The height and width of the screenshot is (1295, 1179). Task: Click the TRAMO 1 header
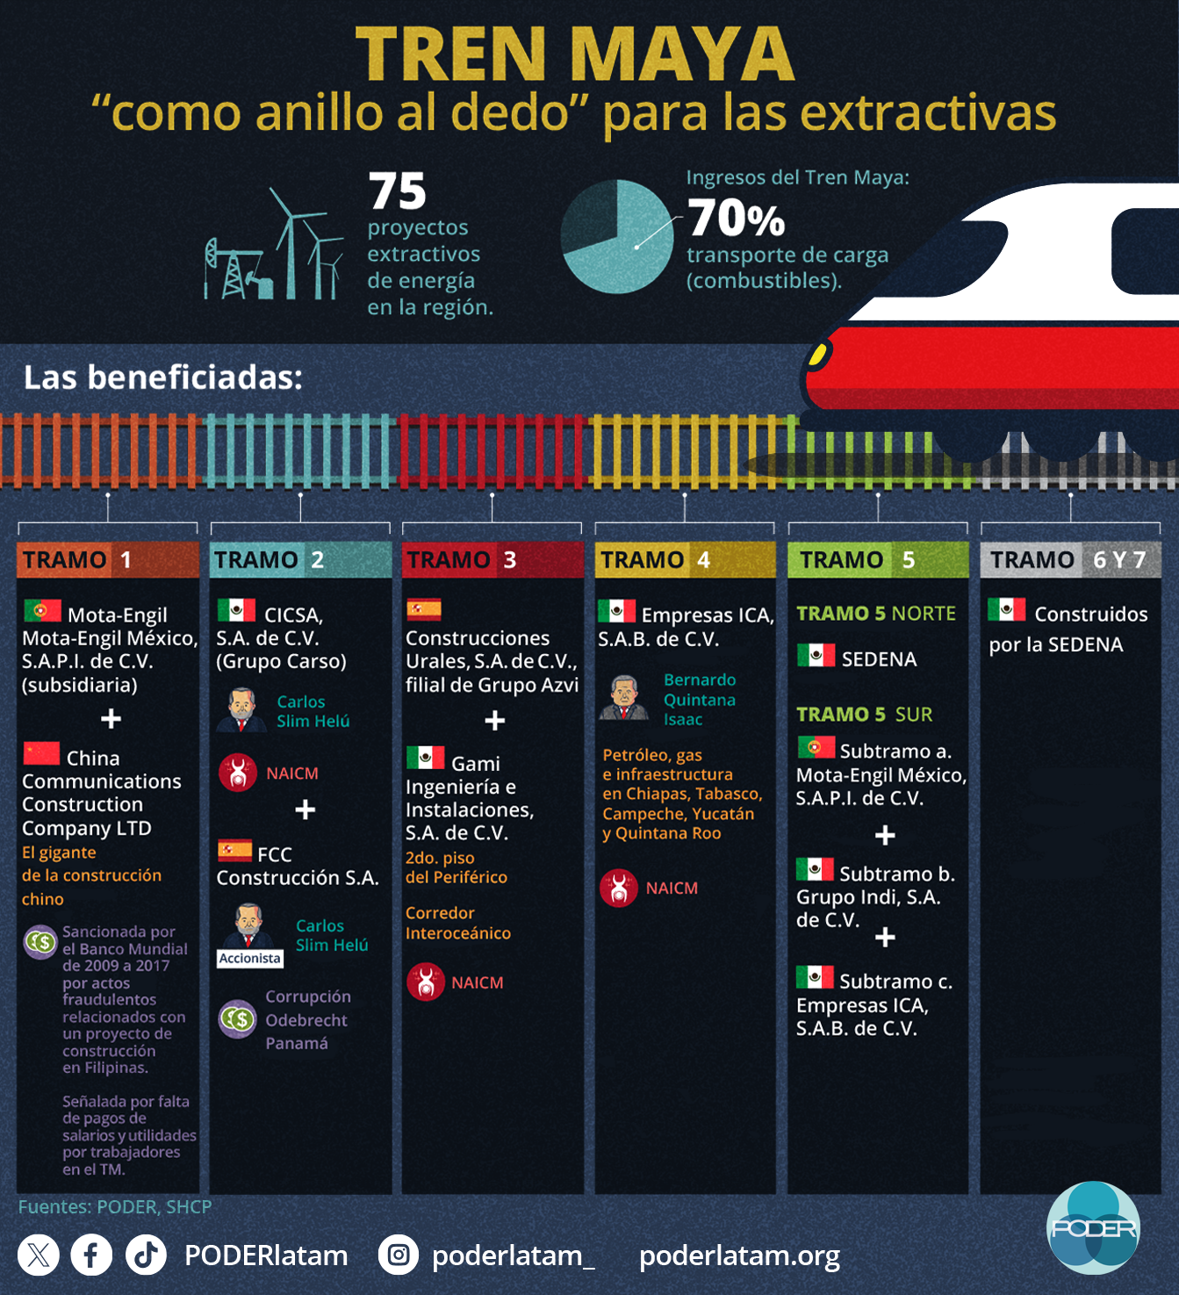pyautogui.click(x=107, y=559)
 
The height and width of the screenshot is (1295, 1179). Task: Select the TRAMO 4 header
pyautogui.click(x=685, y=559)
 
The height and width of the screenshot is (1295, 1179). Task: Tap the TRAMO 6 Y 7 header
pyautogui.click(x=1070, y=559)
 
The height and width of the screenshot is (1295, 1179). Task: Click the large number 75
pyautogui.click(x=398, y=191)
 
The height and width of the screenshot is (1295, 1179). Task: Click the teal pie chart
pyautogui.click(x=616, y=236)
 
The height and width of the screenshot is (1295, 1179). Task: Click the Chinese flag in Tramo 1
pyautogui.click(x=41, y=753)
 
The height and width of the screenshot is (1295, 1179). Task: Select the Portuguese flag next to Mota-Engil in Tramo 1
pyautogui.click(x=42, y=610)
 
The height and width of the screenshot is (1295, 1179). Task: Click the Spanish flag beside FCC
pyautogui.click(x=234, y=850)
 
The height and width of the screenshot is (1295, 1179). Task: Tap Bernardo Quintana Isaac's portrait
pyautogui.click(x=623, y=698)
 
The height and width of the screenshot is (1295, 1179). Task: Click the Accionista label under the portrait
pyautogui.click(x=250, y=958)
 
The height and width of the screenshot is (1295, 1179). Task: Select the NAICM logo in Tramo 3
pyautogui.click(x=426, y=982)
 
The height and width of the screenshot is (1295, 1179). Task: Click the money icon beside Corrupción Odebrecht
pyautogui.click(x=237, y=1019)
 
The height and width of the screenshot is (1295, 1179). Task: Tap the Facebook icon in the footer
pyautogui.click(x=91, y=1255)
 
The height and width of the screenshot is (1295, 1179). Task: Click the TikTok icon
pyautogui.click(x=146, y=1255)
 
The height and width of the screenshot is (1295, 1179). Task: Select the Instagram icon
pyautogui.click(x=399, y=1255)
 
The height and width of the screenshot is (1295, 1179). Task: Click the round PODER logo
pyautogui.click(x=1093, y=1227)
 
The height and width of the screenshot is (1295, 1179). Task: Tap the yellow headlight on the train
pyautogui.click(x=818, y=354)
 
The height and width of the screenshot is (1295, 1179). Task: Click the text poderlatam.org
pyautogui.click(x=739, y=1255)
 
